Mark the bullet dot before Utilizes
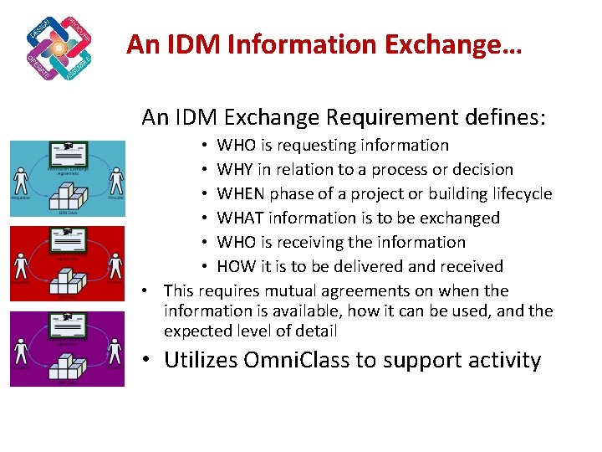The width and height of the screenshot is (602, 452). point(146,361)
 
